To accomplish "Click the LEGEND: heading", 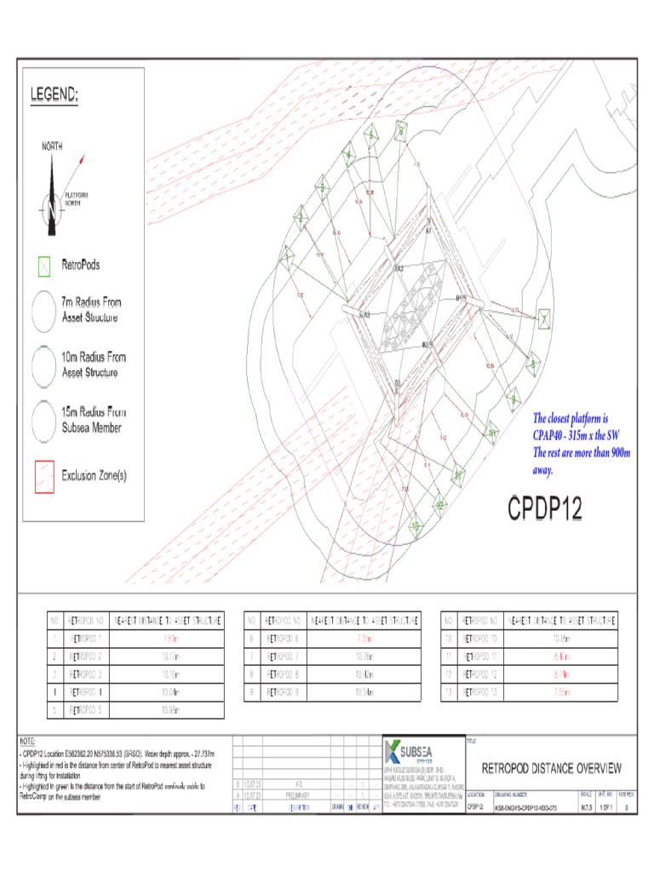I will pyautogui.click(x=54, y=95).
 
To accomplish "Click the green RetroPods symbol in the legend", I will pyautogui.click(x=43, y=266).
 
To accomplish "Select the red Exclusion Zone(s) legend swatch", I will pyautogui.click(x=43, y=476).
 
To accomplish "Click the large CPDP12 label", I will pyautogui.click(x=545, y=508).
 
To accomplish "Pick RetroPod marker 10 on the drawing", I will pyautogui.click(x=492, y=433).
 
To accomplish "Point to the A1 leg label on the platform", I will pyautogui.click(x=428, y=231).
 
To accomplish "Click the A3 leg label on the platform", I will pyautogui.click(x=366, y=315).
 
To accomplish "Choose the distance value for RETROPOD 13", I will pyautogui.click(x=560, y=692).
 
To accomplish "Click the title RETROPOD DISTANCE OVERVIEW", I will pyautogui.click(x=552, y=768).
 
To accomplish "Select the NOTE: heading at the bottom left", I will pyautogui.click(x=27, y=743).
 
